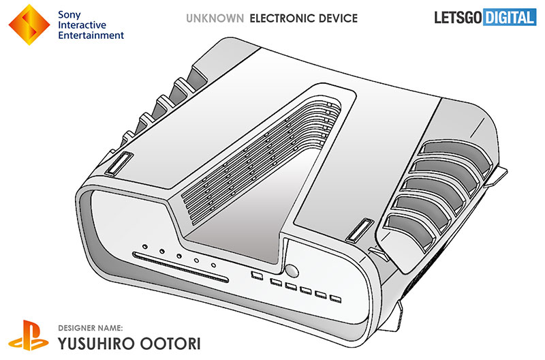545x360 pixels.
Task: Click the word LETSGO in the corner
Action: (458, 18)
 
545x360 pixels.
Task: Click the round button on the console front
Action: (292, 271)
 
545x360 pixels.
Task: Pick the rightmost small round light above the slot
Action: (213, 265)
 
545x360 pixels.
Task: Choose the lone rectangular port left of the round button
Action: (257, 276)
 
